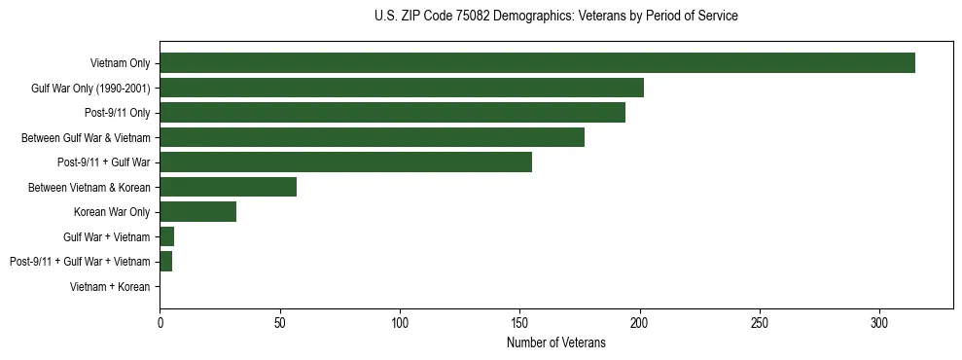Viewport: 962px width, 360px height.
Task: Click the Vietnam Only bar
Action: pyautogui.click(x=537, y=63)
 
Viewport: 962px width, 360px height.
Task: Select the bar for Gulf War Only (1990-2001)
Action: pyautogui.click(x=402, y=89)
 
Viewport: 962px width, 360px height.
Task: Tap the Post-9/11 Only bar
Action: pyautogui.click(x=392, y=113)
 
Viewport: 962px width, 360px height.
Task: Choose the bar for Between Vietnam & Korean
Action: pyautogui.click(x=228, y=187)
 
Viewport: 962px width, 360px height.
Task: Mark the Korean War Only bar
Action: pyautogui.click(x=197, y=212)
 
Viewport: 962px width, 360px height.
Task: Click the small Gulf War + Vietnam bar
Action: pyautogui.click(x=166, y=236)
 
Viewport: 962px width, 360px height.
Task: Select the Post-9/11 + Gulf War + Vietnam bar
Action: pyautogui.click(x=165, y=262)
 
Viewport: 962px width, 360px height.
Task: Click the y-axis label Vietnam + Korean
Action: pyautogui.click(x=110, y=287)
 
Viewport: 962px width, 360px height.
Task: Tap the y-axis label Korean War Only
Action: pyautogui.click(x=112, y=212)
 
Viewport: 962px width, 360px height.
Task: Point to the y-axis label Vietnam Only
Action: pyautogui.click(x=120, y=63)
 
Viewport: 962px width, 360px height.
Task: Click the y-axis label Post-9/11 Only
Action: pyautogui.click(x=117, y=113)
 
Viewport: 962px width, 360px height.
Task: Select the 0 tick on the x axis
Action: pyautogui.click(x=160, y=322)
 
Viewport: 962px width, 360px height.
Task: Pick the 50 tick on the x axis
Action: pyautogui.click(x=279, y=322)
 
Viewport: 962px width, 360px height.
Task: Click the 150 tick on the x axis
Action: pyautogui.click(x=519, y=322)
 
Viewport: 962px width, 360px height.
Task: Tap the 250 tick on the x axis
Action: pyautogui.click(x=760, y=322)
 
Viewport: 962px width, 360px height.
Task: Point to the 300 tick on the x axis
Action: pyautogui.click(x=879, y=322)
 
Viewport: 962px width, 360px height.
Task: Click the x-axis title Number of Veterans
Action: pyautogui.click(x=555, y=342)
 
